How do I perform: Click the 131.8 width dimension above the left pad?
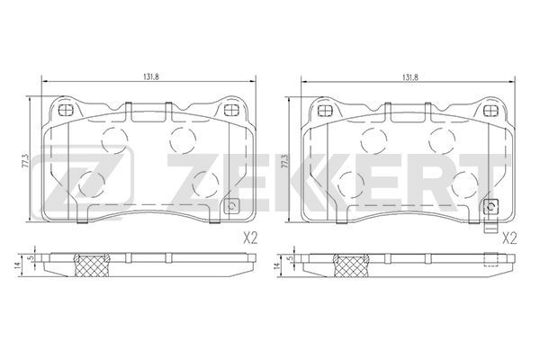(150, 77)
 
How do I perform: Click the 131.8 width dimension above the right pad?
(410, 77)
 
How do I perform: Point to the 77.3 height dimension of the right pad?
(284, 160)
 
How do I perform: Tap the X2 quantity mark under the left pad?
(250, 238)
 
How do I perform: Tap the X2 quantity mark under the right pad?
(510, 238)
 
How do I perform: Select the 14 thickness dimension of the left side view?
(18, 265)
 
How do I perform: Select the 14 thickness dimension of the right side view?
(276, 265)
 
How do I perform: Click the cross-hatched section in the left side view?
(91, 265)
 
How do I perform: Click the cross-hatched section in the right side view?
(351, 265)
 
